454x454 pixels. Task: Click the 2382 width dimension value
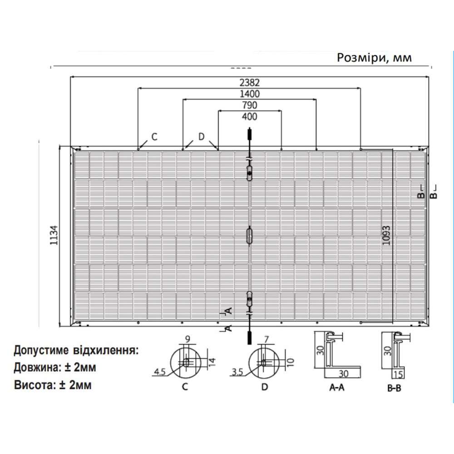click(x=249, y=83)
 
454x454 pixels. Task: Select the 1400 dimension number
click(x=249, y=94)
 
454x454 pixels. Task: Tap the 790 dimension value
click(x=249, y=105)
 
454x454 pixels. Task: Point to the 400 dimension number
click(x=249, y=117)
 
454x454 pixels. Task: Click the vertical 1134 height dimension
click(x=54, y=235)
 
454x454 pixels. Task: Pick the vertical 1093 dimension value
click(x=386, y=235)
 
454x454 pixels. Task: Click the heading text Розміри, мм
click(x=375, y=58)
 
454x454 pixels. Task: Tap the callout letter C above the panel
click(x=154, y=137)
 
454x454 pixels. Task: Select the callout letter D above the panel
click(x=202, y=137)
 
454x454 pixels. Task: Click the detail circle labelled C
click(x=185, y=363)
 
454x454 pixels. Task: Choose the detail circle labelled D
click(x=265, y=363)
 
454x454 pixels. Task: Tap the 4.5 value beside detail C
click(x=159, y=372)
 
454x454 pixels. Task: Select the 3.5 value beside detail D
click(x=237, y=372)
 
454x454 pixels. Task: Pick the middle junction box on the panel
click(x=249, y=235)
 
